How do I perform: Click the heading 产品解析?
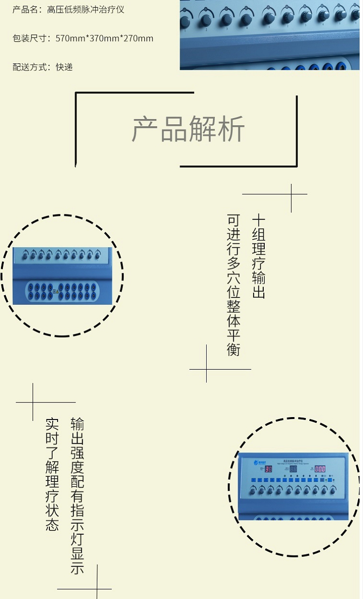[x=188, y=129]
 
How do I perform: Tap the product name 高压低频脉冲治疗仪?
[x=86, y=10]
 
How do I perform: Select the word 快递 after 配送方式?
[x=64, y=67]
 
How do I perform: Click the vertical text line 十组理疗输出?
[x=258, y=256]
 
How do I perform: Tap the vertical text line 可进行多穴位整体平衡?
[x=234, y=285]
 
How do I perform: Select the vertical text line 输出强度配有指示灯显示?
[x=77, y=495]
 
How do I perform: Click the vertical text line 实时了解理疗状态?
[x=52, y=474]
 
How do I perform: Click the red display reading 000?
[x=320, y=469]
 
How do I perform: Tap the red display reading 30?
[x=269, y=469]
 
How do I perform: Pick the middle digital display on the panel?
[x=293, y=469]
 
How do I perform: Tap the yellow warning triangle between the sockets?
[x=57, y=291]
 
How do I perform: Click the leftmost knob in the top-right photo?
[x=185, y=22]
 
